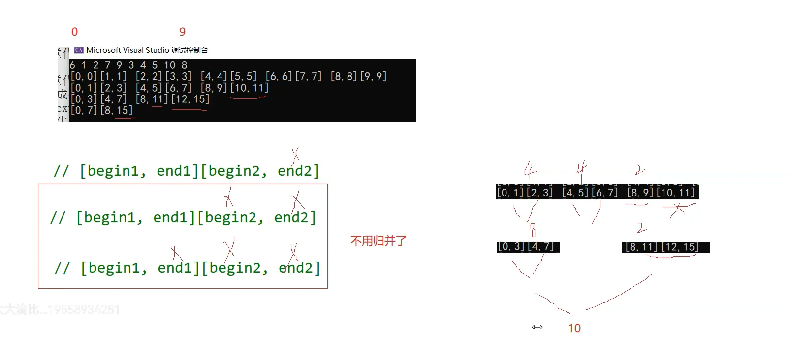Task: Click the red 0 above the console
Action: pyautogui.click(x=74, y=32)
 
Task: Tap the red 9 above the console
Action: pyautogui.click(x=182, y=32)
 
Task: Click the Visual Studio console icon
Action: pyautogui.click(x=79, y=50)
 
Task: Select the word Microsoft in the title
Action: pyautogui.click(x=103, y=50)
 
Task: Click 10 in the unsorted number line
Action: pyautogui.click(x=169, y=65)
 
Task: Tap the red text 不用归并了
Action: pyautogui.click(x=378, y=241)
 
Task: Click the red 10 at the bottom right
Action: pyautogui.click(x=574, y=328)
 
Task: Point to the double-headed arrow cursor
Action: pyautogui.click(x=537, y=327)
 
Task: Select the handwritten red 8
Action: pyautogui.click(x=533, y=230)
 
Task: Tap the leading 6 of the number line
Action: pyautogui.click(x=73, y=65)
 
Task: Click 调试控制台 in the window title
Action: pyautogui.click(x=190, y=50)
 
